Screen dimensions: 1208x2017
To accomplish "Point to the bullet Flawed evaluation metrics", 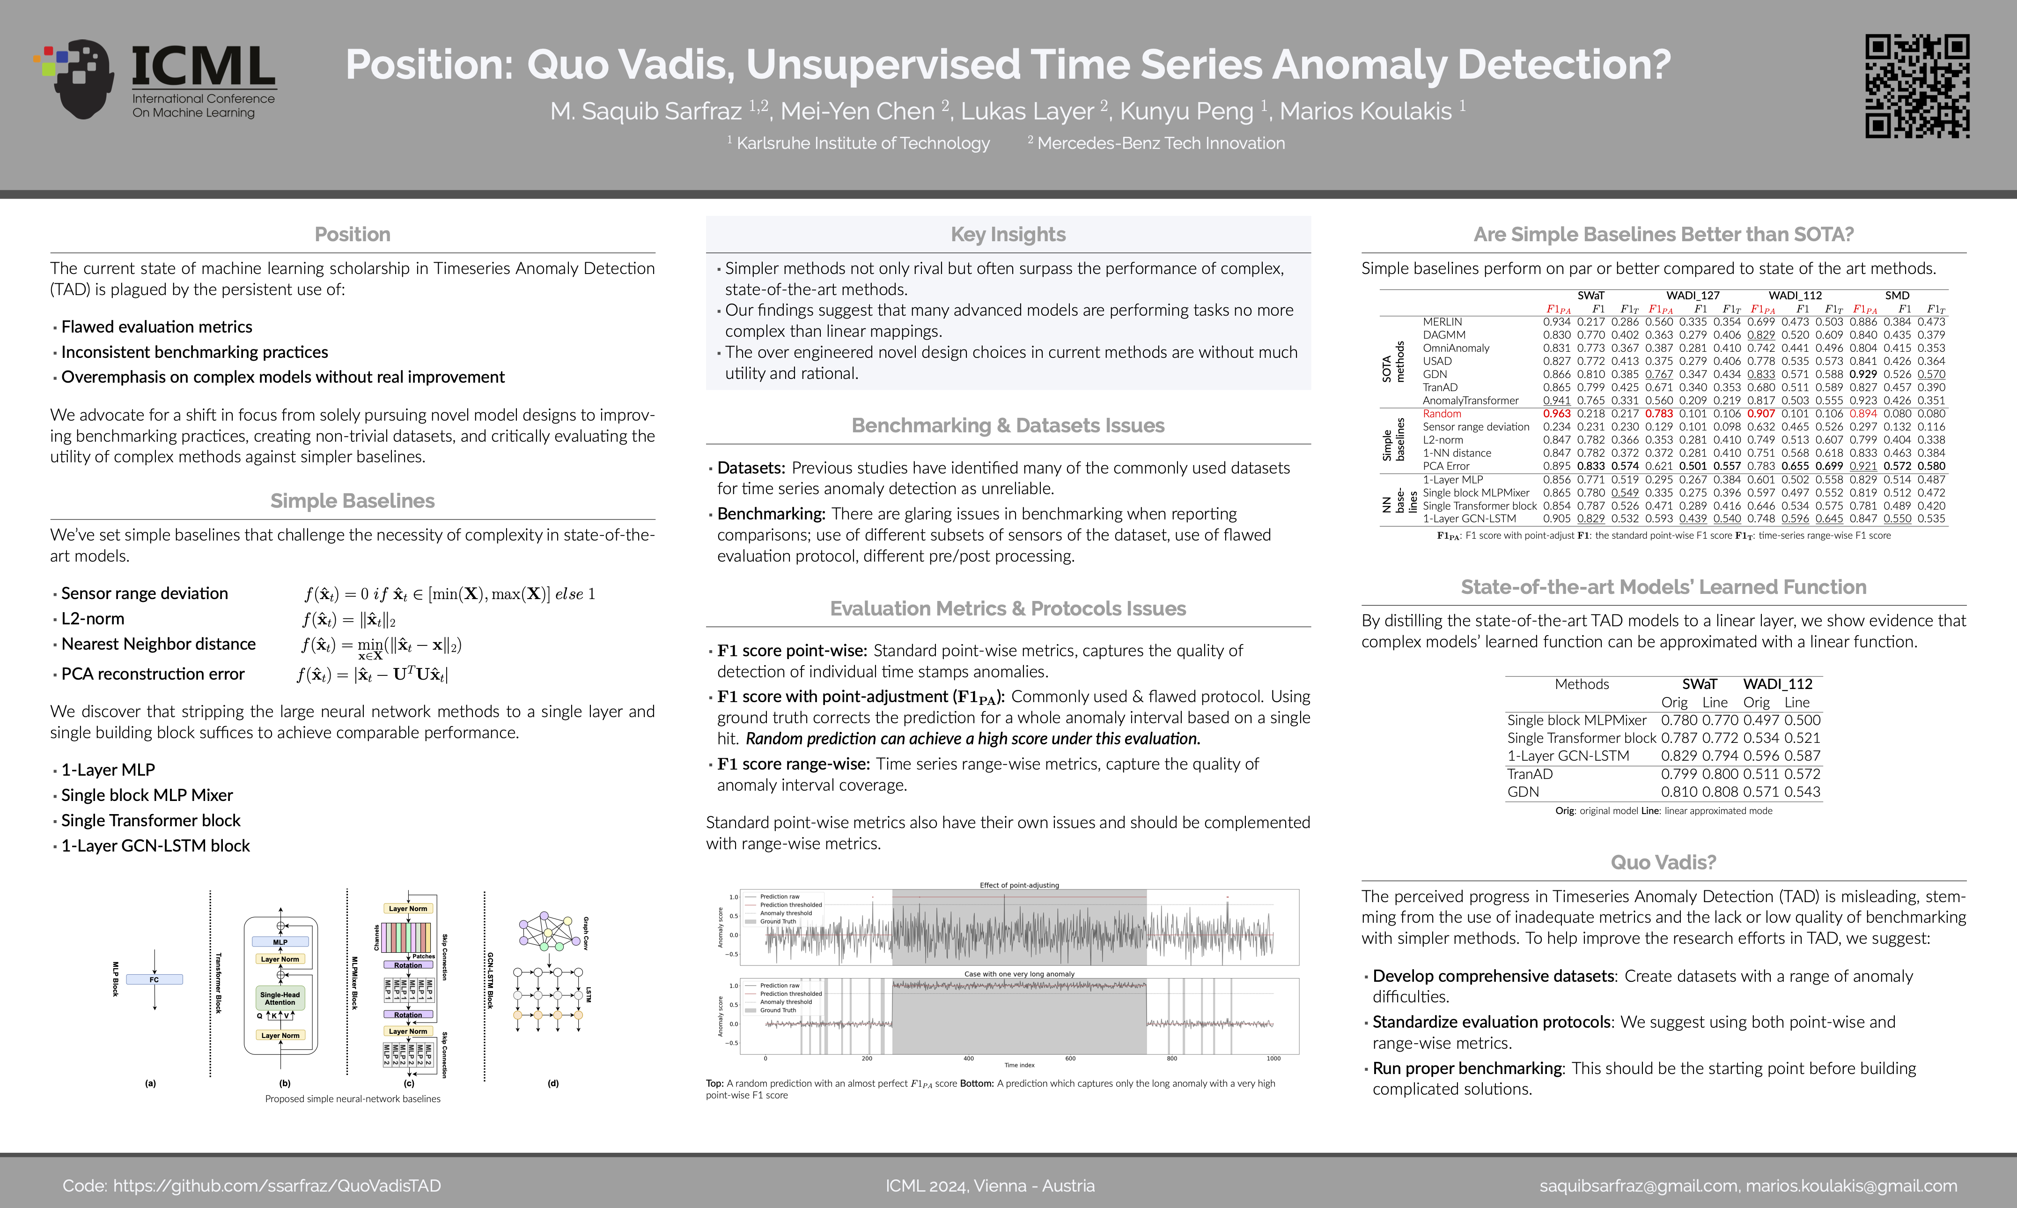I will point(156,326).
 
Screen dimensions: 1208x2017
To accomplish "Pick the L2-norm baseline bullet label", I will point(93,619).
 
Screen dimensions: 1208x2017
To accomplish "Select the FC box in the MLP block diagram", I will point(155,979).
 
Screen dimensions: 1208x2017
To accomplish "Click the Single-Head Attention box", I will point(280,998).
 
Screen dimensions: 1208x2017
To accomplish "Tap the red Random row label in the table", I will point(1441,414).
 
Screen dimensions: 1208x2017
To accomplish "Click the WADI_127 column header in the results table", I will point(1693,296).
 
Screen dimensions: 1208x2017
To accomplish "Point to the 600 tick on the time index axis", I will point(1070,1058).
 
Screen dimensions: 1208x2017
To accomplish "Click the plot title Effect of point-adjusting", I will point(1019,885).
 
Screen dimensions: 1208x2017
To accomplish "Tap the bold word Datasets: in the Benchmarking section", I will point(750,468).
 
